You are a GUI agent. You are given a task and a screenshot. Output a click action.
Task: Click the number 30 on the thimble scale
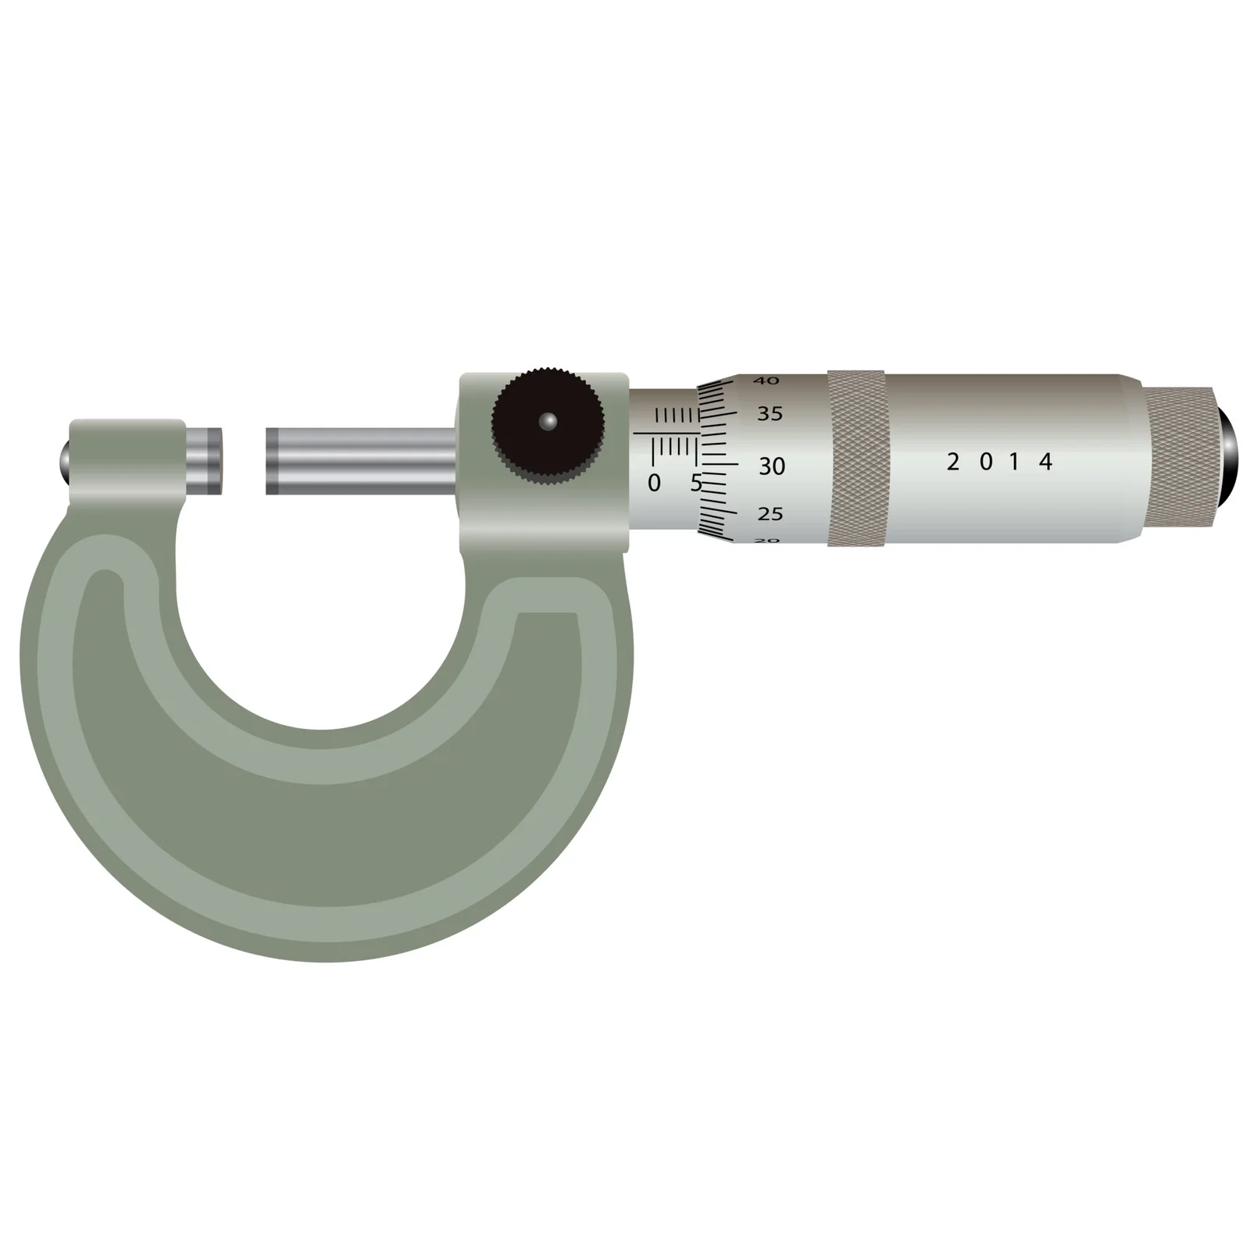click(771, 466)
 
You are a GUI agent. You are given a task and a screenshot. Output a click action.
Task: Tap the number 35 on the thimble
click(770, 414)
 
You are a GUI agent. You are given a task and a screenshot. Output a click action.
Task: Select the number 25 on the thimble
click(770, 514)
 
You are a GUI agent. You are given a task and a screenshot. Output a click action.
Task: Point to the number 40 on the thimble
click(766, 380)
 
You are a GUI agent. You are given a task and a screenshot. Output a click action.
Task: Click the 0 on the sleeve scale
click(654, 483)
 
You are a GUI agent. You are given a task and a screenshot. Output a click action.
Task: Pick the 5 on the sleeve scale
click(695, 483)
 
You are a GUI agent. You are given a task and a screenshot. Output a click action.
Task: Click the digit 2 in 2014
click(952, 462)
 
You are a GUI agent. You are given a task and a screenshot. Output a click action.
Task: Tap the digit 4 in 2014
click(1045, 462)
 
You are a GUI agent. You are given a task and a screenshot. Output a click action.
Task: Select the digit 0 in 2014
click(985, 462)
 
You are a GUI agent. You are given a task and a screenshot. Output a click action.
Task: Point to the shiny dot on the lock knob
click(548, 421)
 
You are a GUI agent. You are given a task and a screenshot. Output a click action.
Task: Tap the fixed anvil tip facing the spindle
click(205, 459)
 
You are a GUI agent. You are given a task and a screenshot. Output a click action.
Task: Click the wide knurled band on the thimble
click(857, 459)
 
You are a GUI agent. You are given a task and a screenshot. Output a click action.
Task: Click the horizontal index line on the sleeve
click(666, 432)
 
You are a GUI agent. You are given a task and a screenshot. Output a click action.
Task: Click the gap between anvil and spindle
click(244, 461)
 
